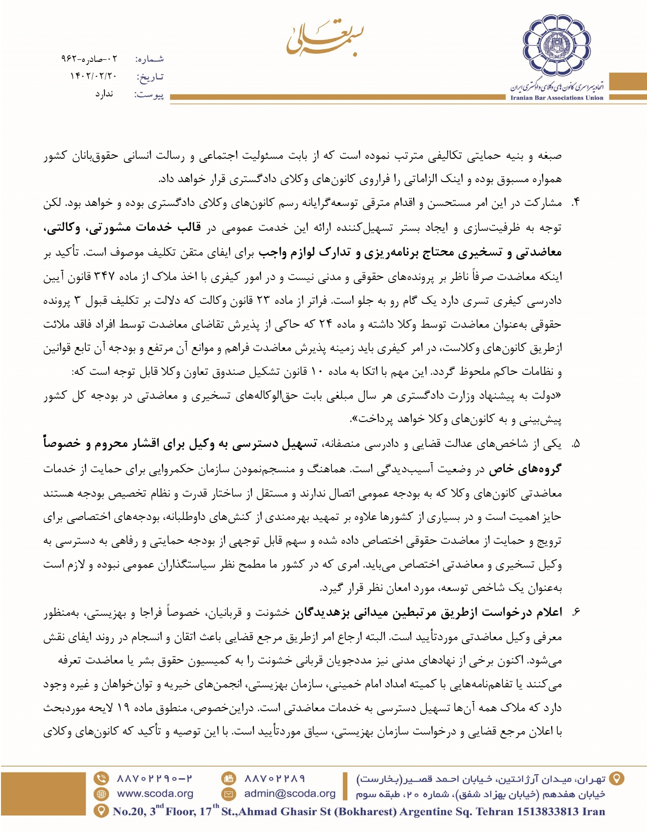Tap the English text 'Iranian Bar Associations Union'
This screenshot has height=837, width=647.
(557, 98)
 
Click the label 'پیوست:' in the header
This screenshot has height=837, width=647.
(149, 95)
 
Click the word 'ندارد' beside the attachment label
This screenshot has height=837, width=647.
(104, 94)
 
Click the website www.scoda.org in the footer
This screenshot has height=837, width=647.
(155, 794)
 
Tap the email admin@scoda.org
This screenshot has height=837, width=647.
(290, 794)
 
